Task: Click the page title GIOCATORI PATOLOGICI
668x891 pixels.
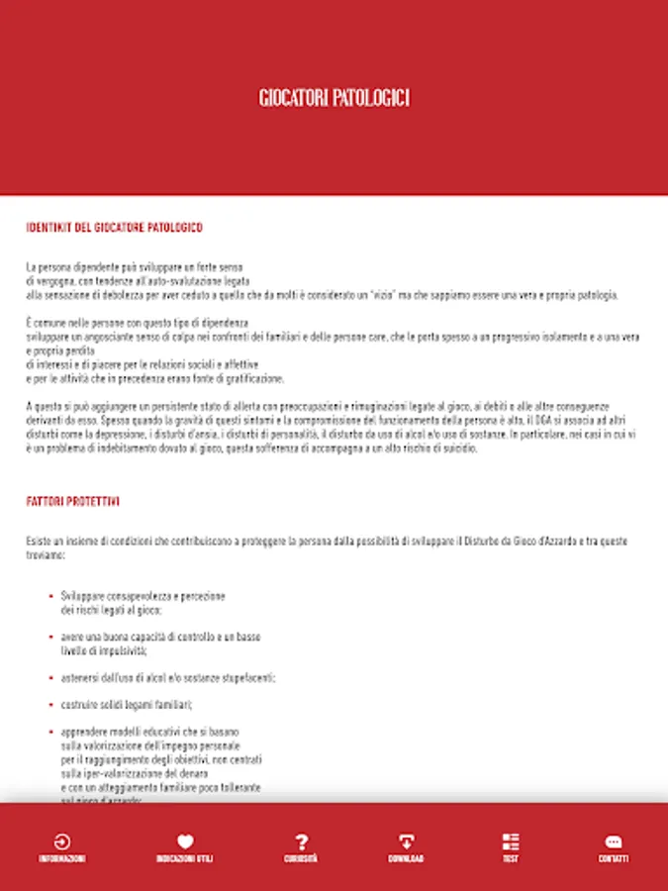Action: click(334, 98)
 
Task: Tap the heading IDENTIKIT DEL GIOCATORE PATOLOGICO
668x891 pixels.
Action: click(114, 228)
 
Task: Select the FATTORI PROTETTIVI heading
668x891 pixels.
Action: click(73, 502)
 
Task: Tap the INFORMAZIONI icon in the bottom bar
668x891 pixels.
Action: click(62, 842)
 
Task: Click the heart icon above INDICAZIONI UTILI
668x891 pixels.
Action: click(184, 842)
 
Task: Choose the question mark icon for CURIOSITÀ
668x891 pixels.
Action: click(302, 842)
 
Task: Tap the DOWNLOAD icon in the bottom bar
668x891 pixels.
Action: click(406, 842)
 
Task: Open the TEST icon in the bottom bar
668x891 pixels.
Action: click(510, 842)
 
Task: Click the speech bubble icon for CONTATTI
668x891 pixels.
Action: click(613, 842)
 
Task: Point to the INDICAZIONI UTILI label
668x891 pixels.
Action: click(184, 859)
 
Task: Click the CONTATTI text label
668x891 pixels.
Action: click(613, 859)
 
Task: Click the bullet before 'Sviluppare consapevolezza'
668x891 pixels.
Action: click(50, 597)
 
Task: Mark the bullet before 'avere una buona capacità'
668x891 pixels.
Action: click(50, 637)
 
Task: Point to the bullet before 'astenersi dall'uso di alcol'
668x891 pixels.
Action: click(50, 678)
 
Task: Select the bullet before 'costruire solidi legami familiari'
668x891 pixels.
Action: click(50, 705)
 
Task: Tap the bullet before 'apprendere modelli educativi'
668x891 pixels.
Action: click(50, 733)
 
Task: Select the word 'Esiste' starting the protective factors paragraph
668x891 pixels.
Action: click(39, 542)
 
